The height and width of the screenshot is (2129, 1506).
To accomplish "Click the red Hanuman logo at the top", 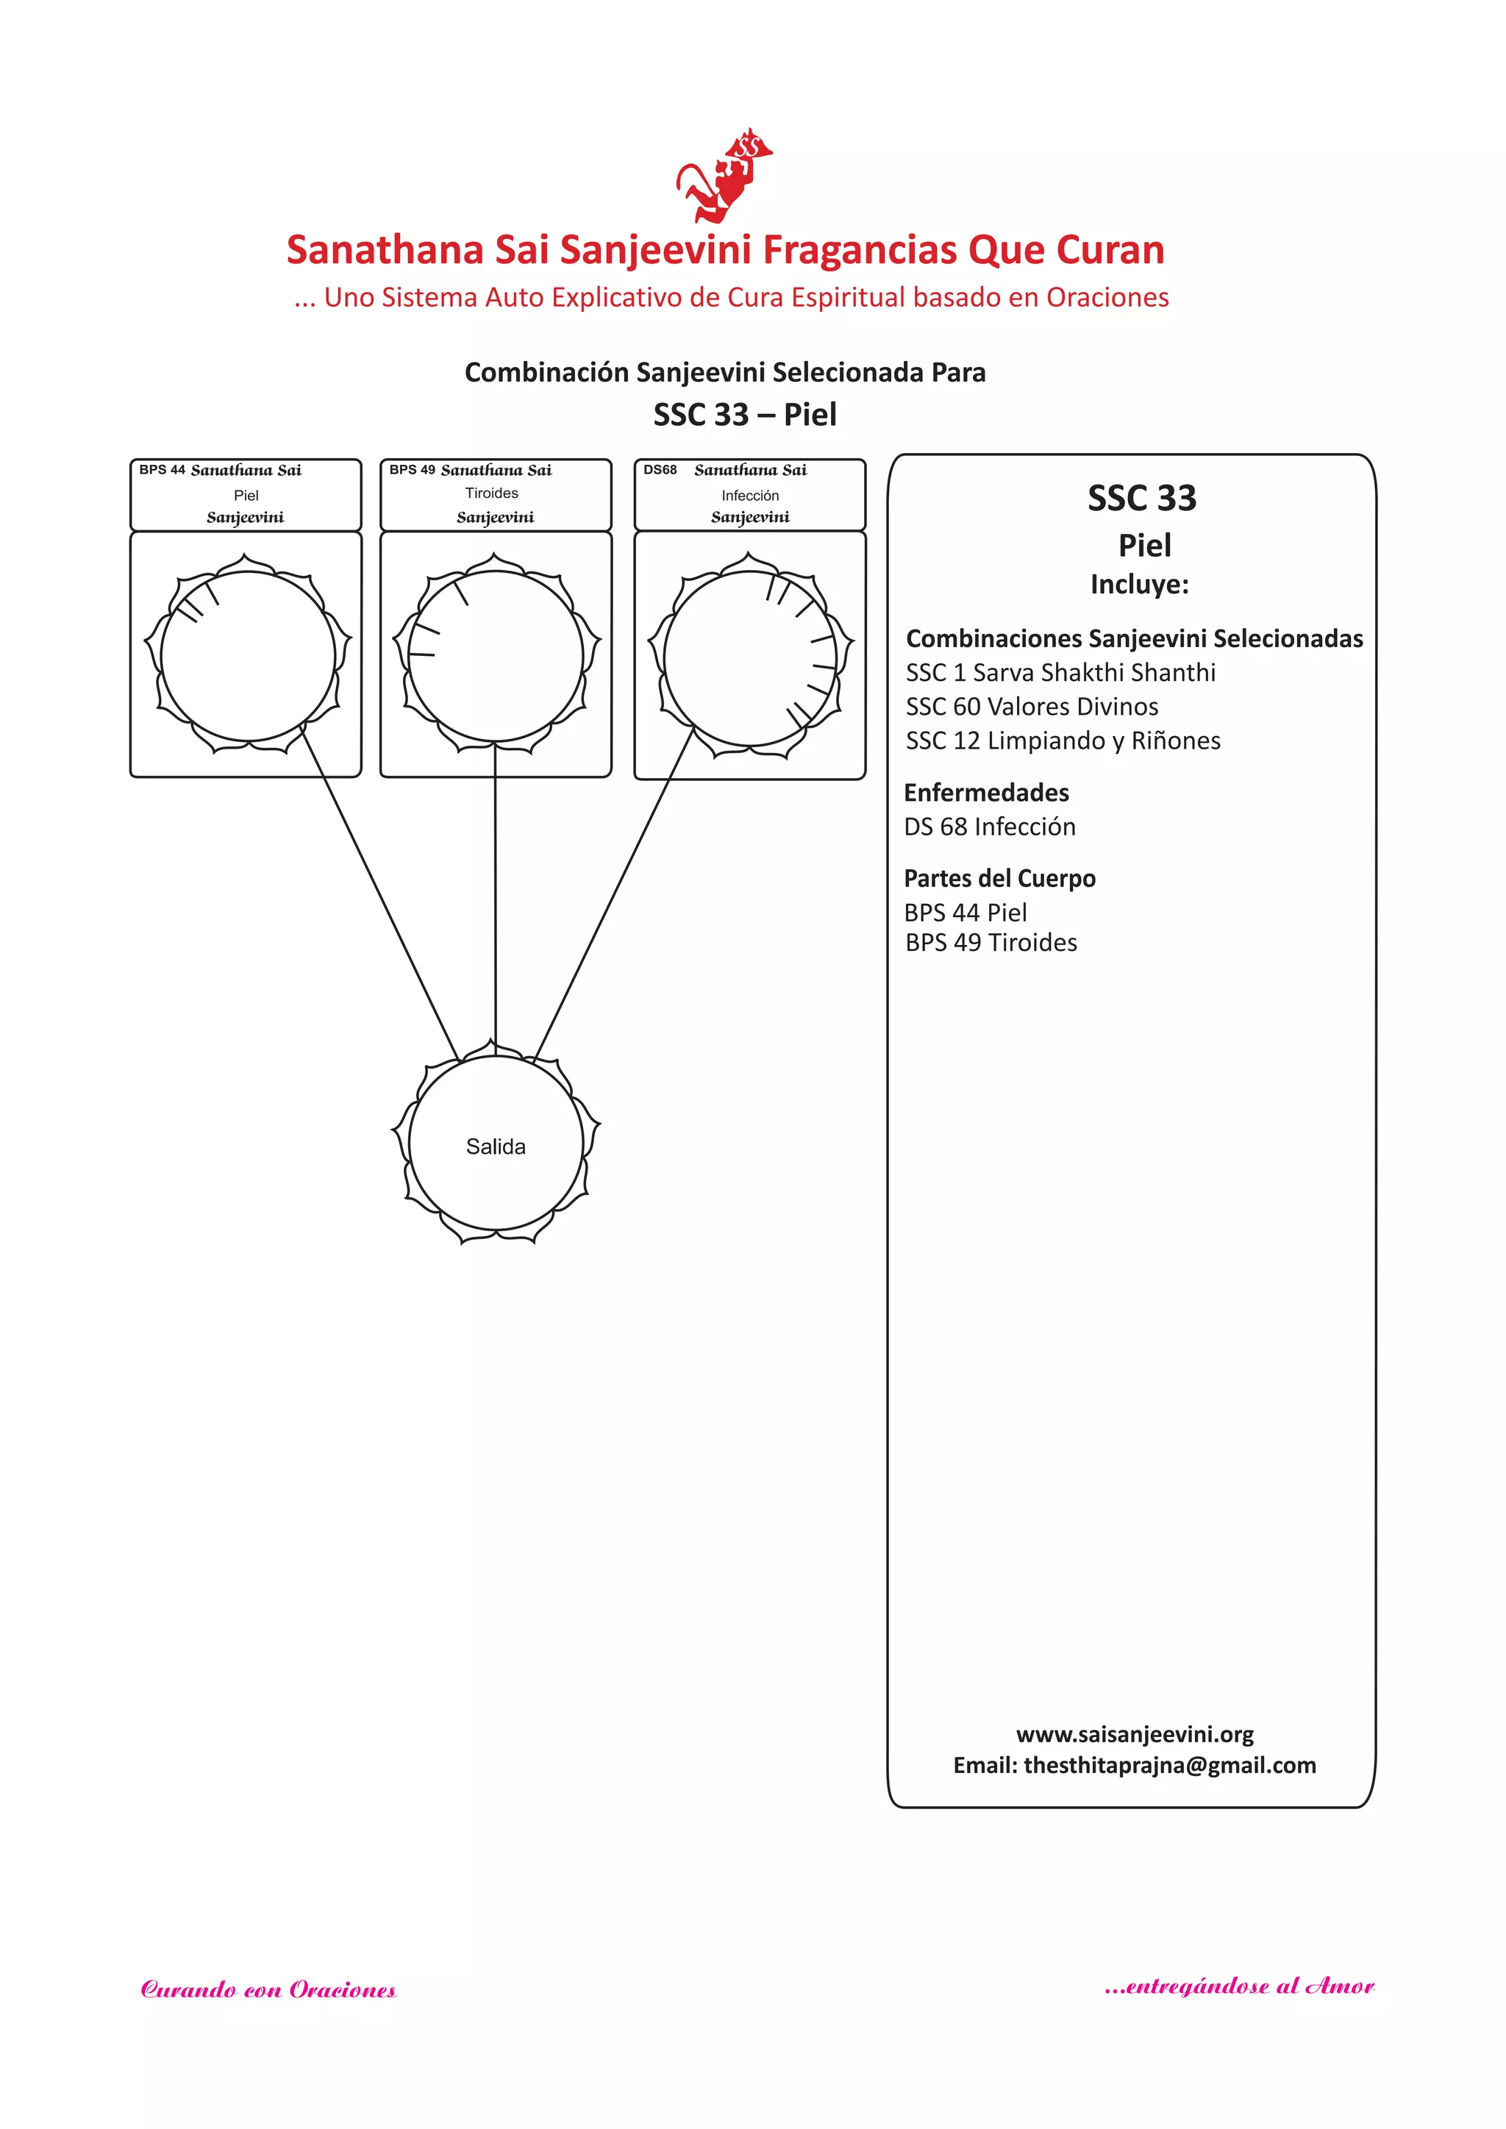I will (x=724, y=176).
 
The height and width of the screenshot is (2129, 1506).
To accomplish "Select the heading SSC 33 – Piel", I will (x=745, y=415).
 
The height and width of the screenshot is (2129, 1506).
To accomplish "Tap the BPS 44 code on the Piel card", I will (x=163, y=470).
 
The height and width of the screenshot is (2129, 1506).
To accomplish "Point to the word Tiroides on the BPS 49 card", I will (x=491, y=493).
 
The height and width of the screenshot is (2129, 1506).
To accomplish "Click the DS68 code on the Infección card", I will (x=660, y=470).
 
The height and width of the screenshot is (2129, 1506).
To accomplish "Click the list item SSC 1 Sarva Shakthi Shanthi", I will (x=1060, y=672).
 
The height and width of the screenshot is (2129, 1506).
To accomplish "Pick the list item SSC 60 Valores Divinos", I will (x=1032, y=707).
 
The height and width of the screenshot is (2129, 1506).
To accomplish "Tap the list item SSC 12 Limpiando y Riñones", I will (x=1063, y=741).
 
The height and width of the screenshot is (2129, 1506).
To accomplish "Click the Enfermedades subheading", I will (x=986, y=793).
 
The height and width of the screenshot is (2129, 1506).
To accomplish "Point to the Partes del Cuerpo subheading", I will (x=999, y=878).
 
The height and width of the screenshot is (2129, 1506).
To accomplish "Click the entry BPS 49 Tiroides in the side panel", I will (x=991, y=943).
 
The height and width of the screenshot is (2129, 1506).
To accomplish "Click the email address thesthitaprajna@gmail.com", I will (x=1169, y=1766).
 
